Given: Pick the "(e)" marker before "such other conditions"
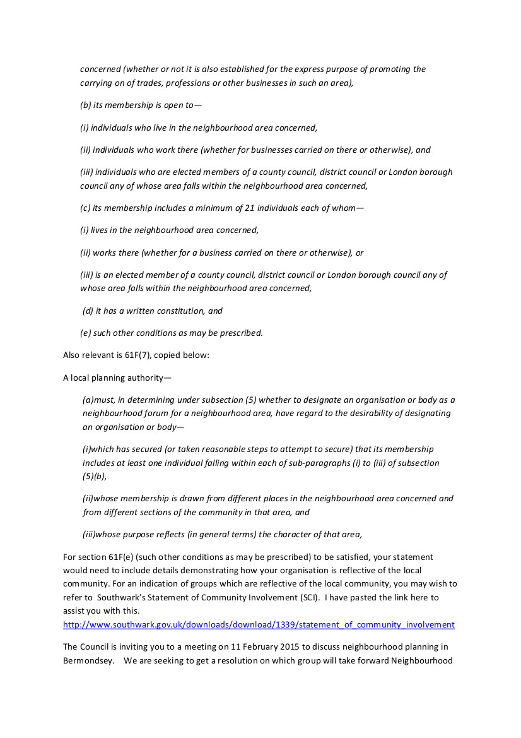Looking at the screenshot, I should coord(85,333).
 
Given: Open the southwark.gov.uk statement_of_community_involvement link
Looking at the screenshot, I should coord(259,625).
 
